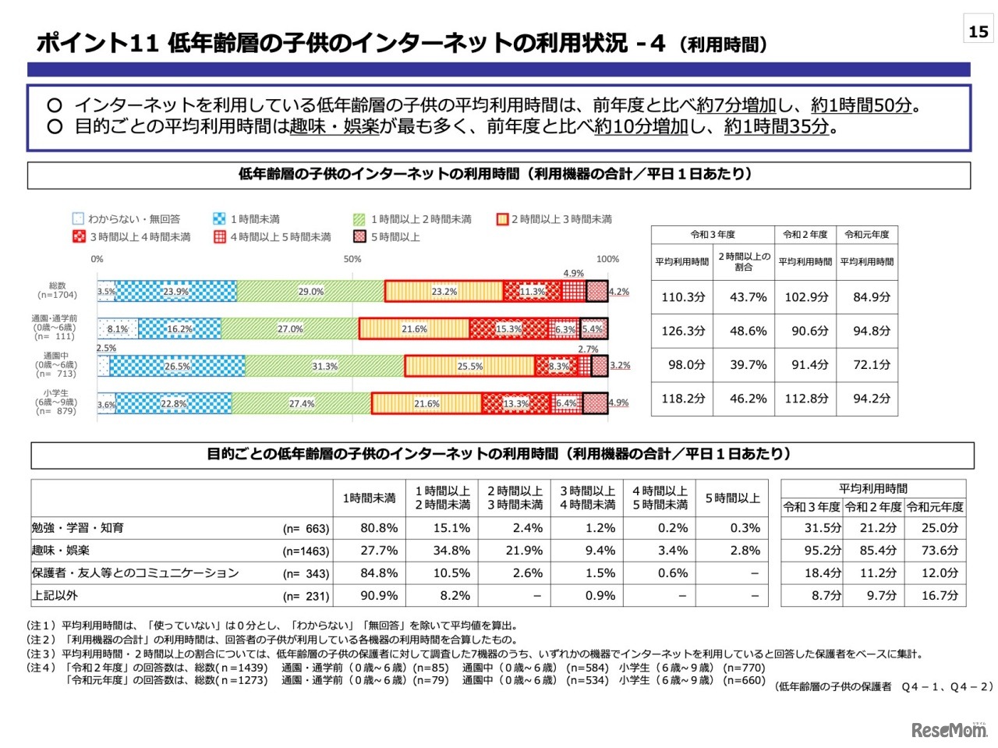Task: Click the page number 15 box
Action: click(x=978, y=31)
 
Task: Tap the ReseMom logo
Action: click(x=948, y=730)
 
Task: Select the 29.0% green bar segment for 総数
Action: click(x=310, y=292)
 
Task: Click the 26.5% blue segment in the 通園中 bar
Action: click(x=177, y=366)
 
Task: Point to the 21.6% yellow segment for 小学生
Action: click(x=426, y=403)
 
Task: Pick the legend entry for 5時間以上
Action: click(x=388, y=237)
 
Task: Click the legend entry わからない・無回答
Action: click(x=126, y=219)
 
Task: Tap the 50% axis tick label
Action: click(x=352, y=259)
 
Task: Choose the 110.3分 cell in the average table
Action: click(x=683, y=297)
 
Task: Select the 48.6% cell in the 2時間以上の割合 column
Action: click(x=748, y=331)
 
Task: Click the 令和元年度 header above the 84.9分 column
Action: click(x=867, y=235)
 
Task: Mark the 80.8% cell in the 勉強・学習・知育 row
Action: click(x=379, y=528)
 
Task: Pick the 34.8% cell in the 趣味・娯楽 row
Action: click(x=451, y=551)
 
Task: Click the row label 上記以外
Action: click(x=55, y=596)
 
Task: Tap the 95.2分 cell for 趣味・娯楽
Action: click(x=823, y=551)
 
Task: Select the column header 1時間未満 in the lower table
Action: click(x=369, y=498)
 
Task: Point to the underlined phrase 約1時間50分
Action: click(x=861, y=105)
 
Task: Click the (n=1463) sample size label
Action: click(x=306, y=551)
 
